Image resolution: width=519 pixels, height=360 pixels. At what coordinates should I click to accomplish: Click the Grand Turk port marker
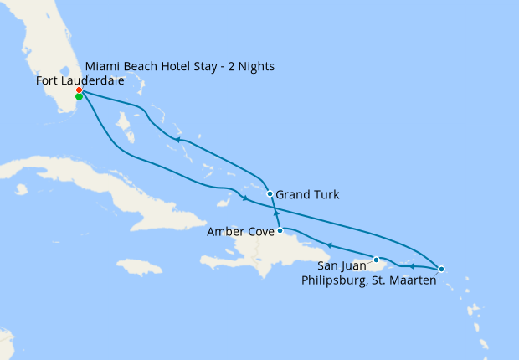tap(270, 194)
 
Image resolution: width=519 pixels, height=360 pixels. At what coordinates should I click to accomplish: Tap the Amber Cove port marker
tap(280, 230)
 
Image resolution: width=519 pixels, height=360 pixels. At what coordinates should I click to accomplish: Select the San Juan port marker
tap(377, 260)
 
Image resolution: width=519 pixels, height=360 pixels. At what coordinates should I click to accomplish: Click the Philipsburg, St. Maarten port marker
tap(441, 270)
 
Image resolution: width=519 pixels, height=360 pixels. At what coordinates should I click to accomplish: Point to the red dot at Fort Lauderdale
tap(79, 90)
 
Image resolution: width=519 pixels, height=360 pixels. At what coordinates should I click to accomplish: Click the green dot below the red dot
tap(79, 97)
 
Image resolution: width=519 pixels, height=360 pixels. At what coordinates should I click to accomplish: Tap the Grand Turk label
tap(308, 195)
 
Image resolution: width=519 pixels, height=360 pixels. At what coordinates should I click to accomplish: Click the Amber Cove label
tap(240, 232)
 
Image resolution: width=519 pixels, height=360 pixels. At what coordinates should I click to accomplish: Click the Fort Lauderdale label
tap(80, 80)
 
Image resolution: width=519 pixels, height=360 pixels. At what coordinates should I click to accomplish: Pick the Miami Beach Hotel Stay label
tap(180, 66)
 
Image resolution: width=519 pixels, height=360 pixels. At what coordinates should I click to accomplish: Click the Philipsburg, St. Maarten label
tap(368, 280)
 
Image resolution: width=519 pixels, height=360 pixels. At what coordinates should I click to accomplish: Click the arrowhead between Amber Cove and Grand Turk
tap(275, 214)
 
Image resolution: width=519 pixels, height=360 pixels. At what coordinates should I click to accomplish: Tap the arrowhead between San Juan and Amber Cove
tap(329, 245)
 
